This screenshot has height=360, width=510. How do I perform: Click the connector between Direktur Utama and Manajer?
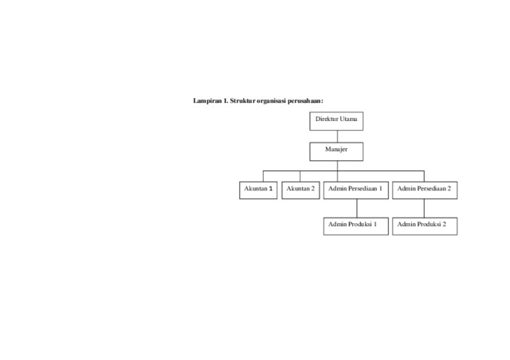[337, 136]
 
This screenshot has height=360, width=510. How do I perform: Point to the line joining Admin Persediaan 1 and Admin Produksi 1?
[357, 208]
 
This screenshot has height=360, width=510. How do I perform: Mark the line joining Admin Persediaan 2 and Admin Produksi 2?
[424, 208]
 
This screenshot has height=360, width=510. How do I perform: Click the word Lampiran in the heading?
[207, 101]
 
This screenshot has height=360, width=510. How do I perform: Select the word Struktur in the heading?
[242, 101]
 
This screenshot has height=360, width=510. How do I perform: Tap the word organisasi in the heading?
[271, 101]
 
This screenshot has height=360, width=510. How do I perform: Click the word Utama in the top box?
[349, 119]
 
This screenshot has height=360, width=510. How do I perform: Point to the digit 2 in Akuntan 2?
[312, 189]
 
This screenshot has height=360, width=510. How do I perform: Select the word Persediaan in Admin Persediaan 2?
[431, 189]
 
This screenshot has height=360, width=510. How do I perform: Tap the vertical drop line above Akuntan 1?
[263, 176]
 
